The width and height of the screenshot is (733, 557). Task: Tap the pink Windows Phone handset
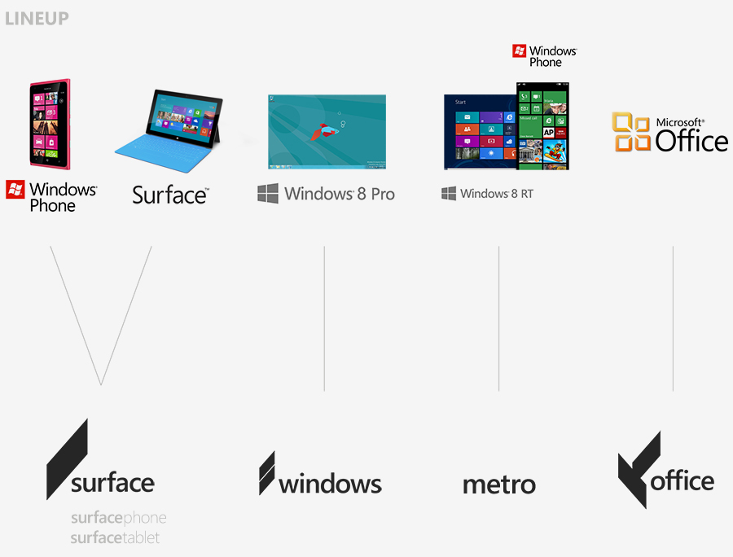(50, 124)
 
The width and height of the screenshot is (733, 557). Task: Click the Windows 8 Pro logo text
(327, 194)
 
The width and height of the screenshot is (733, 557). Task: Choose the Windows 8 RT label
(488, 194)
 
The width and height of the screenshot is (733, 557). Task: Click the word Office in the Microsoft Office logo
(691, 141)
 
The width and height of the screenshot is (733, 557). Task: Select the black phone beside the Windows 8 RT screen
(542, 126)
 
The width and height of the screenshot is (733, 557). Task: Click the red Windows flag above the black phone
(519, 51)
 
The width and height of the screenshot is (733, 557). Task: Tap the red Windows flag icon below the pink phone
(15, 190)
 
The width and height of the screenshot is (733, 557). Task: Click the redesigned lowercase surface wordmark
(112, 483)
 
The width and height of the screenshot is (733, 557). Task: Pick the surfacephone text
(118, 518)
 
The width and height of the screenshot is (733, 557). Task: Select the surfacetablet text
(115, 538)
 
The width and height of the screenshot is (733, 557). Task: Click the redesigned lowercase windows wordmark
(330, 484)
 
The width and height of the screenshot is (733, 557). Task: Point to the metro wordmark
(499, 485)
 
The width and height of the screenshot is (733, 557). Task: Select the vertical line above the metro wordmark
(498, 318)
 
